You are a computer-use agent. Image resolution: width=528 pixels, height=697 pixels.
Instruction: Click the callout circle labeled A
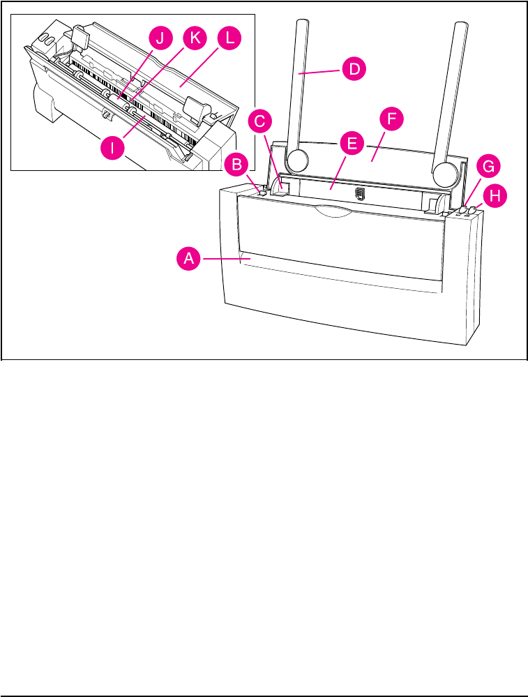pyautogui.click(x=187, y=259)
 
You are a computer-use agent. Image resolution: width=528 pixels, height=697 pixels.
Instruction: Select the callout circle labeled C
pyautogui.click(x=259, y=121)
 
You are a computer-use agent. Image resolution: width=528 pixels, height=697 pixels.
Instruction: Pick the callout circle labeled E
pyautogui.click(x=352, y=145)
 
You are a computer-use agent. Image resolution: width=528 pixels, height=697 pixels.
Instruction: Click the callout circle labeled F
pyautogui.click(x=391, y=119)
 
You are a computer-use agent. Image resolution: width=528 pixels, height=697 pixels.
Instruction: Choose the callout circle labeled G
pyautogui.click(x=487, y=167)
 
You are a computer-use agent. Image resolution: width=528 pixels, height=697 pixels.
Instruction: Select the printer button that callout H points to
pyautogui.click(x=472, y=209)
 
